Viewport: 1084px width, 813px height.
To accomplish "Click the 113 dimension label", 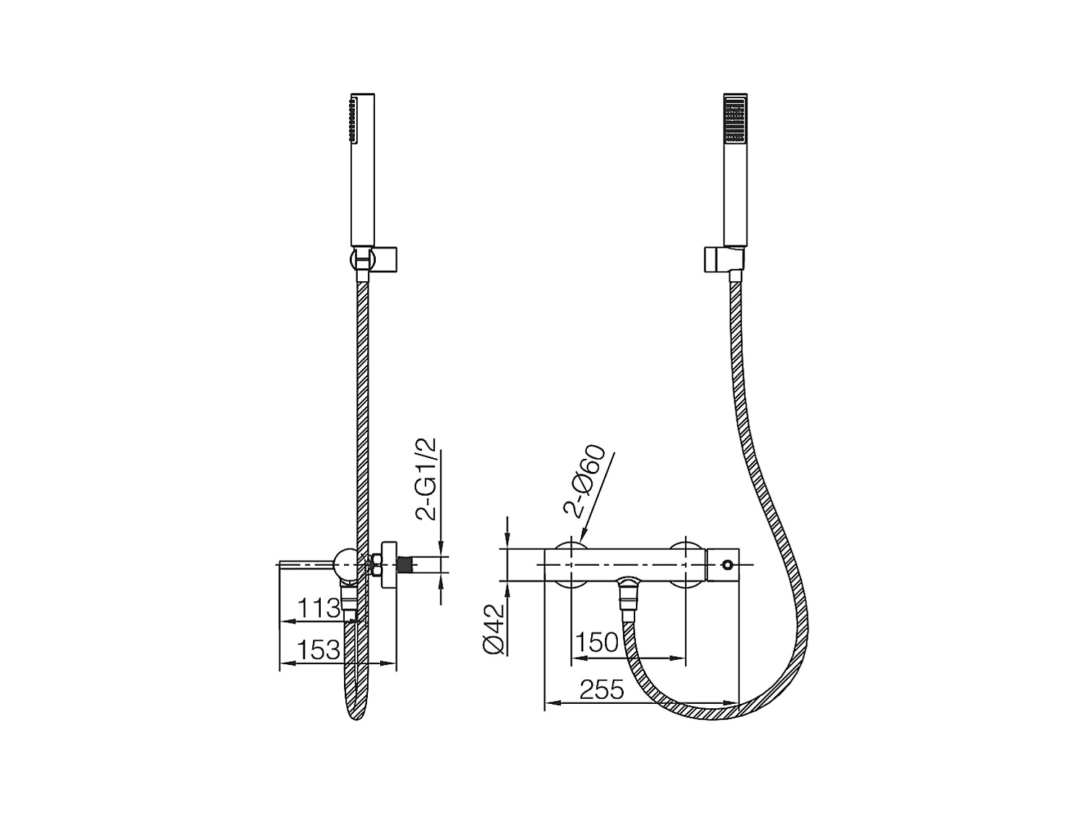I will (x=319, y=608).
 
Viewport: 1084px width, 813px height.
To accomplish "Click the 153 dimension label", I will (x=319, y=650).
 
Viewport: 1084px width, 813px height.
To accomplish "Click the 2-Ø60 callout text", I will (x=585, y=483).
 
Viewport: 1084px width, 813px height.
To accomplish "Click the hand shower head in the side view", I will (x=362, y=170).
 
